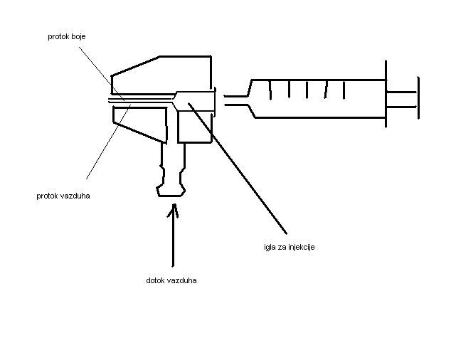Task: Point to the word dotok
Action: (x=155, y=280)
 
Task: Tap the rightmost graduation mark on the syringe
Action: (x=344, y=89)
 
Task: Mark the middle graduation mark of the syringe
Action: (x=307, y=89)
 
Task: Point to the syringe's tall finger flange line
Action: (x=386, y=93)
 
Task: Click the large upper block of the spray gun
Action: (x=164, y=75)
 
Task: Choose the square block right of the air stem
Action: (x=194, y=128)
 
